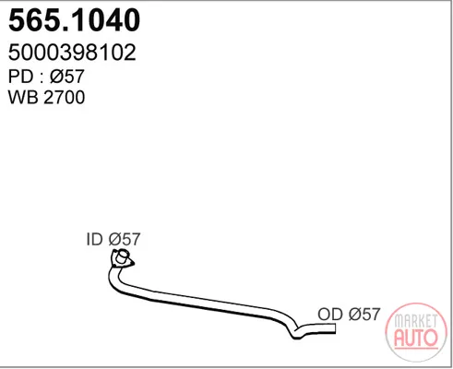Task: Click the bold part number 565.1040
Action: pyautogui.click(x=74, y=20)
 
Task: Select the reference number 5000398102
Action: pyautogui.click(x=72, y=53)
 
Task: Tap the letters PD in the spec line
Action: pyautogui.click(x=20, y=77)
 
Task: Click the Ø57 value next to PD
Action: pyautogui.click(x=66, y=77)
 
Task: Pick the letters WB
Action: pyautogui.click(x=23, y=97)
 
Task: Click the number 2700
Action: pyautogui.click(x=65, y=97)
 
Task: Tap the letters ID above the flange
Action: pyautogui.click(x=94, y=239)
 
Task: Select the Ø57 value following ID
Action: pyautogui.click(x=125, y=239)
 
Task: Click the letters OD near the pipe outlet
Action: pyautogui.click(x=330, y=315)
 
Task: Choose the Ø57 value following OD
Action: pyautogui.click(x=364, y=315)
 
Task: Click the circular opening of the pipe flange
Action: pyautogui.click(x=123, y=257)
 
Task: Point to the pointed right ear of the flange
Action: pyautogui.click(x=132, y=263)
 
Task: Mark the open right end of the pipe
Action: pyautogui.click(x=335, y=328)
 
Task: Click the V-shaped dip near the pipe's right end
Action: pyautogui.click(x=296, y=334)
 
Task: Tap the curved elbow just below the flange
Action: pyautogui.click(x=114, y=280)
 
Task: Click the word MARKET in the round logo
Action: pyautogui.click(x=415, y=322)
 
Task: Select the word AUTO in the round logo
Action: pyautogui.click(x=416, y=338)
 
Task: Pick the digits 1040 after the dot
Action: pyautogui.click(x=102, y=20)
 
